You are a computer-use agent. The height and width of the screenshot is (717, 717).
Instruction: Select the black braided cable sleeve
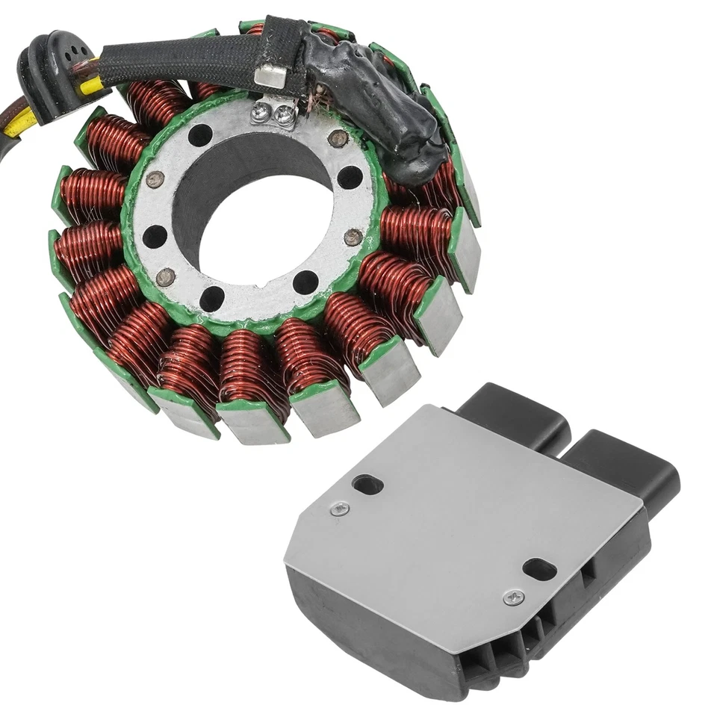[x=187, y=60]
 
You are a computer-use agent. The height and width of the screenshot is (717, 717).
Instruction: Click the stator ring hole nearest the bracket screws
[x=200, y=135]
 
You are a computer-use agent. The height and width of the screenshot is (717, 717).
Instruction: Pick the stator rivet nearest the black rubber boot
[x=338, y=139]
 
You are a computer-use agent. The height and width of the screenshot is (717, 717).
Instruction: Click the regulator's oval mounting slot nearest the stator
[x=367, y=485]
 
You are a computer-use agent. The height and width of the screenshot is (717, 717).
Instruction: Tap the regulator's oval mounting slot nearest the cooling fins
[x=539, y=569]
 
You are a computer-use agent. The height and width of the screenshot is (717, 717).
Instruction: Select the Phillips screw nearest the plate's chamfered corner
[x=340, y=509]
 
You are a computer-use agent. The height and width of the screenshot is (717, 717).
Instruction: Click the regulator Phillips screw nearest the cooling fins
[x=513, y=597]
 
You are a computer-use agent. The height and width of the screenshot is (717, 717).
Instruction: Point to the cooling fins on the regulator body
[x=515, y=657]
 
